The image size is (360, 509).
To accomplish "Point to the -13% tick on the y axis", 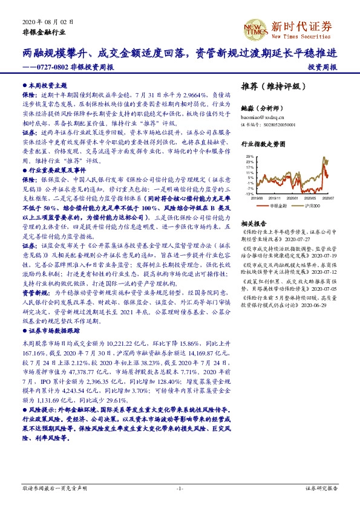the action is pos(250,194).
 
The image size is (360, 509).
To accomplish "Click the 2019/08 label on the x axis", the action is pos(258,198).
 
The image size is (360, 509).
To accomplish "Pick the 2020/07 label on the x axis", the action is pos(329,198).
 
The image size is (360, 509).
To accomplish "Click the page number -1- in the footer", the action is pos(180,488).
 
